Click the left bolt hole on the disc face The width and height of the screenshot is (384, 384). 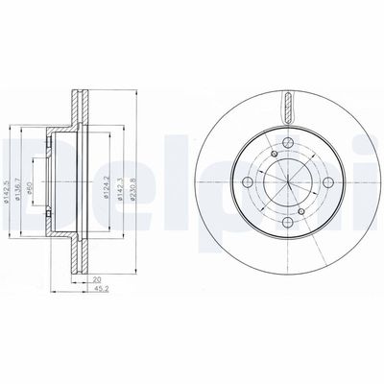[x=247, y=182]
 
